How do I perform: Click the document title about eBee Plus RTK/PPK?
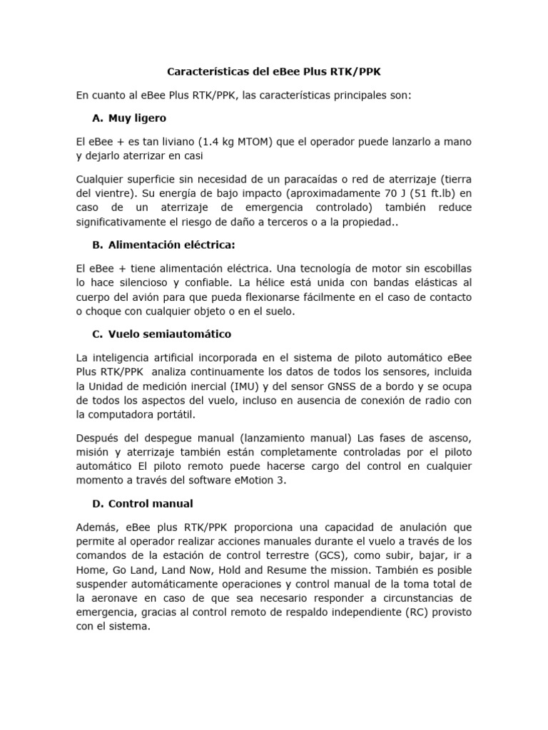point(274,71)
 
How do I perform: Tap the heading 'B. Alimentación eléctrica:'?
point(163,245)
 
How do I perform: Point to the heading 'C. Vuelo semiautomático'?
point(162,334)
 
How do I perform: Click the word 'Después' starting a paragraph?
point(97,437)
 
